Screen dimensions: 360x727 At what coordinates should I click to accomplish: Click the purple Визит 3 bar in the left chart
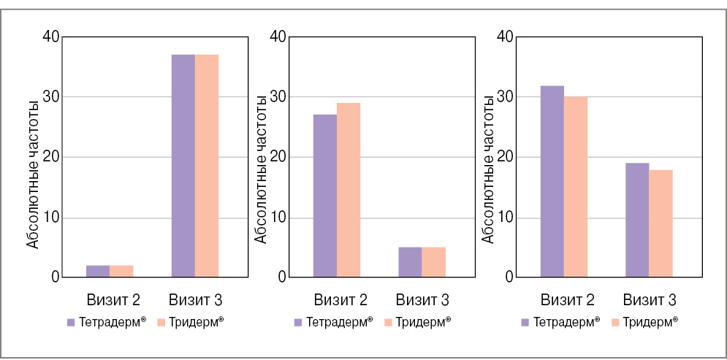tap(183, 166)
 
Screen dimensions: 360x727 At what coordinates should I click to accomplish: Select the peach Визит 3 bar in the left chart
tap(207, 166)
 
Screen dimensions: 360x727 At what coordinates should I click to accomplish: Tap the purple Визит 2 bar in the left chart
tap(98, 271)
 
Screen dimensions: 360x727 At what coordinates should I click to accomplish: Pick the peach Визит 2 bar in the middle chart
tap(349, 190)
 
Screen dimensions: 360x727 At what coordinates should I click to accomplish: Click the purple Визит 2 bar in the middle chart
tap(325, 196)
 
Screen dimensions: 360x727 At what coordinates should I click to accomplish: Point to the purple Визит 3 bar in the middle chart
tap(411, 262)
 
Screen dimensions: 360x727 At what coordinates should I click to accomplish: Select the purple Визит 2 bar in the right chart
tap(552, 181)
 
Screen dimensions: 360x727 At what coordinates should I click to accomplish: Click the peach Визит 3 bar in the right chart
tap(661, 223)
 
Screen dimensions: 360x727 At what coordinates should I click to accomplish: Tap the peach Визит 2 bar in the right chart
tap(576, 187)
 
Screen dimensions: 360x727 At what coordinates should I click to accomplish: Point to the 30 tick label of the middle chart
tap(278, 97)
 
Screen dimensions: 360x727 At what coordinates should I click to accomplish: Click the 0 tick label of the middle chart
tap(282, 277)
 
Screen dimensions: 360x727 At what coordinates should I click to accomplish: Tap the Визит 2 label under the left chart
tap(110, 299)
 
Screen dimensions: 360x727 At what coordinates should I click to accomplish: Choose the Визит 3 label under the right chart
tap(649, 299)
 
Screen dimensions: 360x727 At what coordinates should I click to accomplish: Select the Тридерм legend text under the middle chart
tap(423, 321)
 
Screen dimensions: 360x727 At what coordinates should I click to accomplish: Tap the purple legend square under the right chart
tap(525, 321)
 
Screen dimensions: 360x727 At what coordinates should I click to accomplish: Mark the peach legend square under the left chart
tap(162, 321)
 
